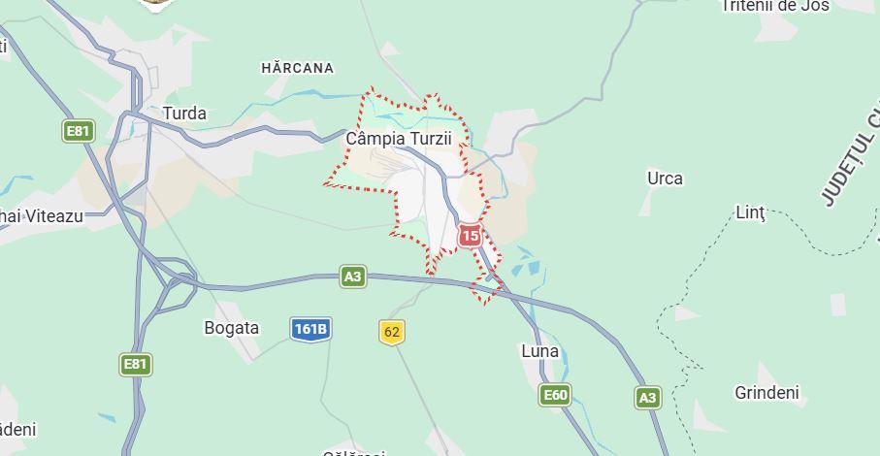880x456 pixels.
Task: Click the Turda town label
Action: pyautogui.click(x=184, y=114)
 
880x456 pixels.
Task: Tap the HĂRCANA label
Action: pyautogui.click(x=297, y=68)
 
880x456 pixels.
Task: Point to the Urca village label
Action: pyautogui.click(x=665, y=179)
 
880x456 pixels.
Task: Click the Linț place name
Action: pyautogui.click(x=751, y=212)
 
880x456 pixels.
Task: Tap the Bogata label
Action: pyautogui.click(x=231, y=328)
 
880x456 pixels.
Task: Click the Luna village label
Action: pyautogui.click(x=539, y=351)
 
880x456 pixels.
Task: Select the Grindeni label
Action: pyautogui.click(x=766, y=393)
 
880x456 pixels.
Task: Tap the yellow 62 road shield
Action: pyautogui.click(x=391, y=333)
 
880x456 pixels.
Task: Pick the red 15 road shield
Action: pyautogui.click(x=470, y=236)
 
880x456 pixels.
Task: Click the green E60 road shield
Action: pyautogui.click(x=555, y=395)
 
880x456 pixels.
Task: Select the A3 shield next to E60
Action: pyautogui.click(x=647, y=397)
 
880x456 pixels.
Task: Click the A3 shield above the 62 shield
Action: pyautogui.click(x=353, y=277)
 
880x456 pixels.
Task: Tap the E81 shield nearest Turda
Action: pyautogui.click(x=78, y=131)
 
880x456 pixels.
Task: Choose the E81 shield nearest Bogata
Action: pyautogui.click(x=136, y=365)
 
